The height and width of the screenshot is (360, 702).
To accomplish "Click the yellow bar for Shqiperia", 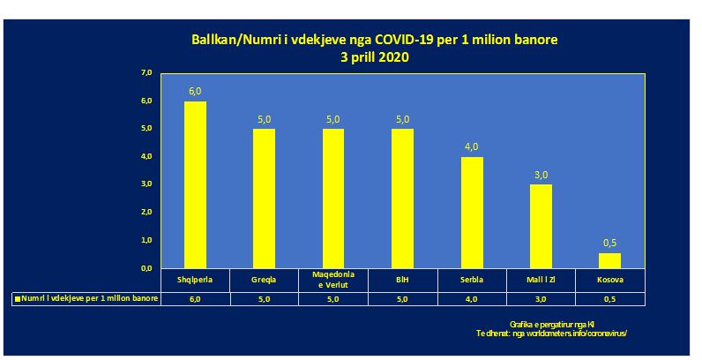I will (195, 184).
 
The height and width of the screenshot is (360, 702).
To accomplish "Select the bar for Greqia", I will (264, 199).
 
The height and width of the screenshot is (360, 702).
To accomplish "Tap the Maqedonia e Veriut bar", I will (333, 199).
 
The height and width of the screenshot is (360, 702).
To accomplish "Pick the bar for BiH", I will (402, 199).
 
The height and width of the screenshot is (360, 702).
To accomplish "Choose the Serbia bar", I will (472, 212).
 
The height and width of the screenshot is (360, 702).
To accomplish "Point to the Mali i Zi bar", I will (541, 226).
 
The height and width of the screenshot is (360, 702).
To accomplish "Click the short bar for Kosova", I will (609, 260).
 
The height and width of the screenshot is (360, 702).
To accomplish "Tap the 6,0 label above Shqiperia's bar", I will (195, 91).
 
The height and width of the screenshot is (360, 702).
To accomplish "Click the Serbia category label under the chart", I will (472, 281).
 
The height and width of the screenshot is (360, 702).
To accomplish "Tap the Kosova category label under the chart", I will (609, 281).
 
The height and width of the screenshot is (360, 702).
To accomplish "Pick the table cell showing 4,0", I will (472, 300).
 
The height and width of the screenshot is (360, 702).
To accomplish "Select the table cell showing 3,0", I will (541, 300).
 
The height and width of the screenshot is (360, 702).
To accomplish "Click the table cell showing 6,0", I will (195, 300).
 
